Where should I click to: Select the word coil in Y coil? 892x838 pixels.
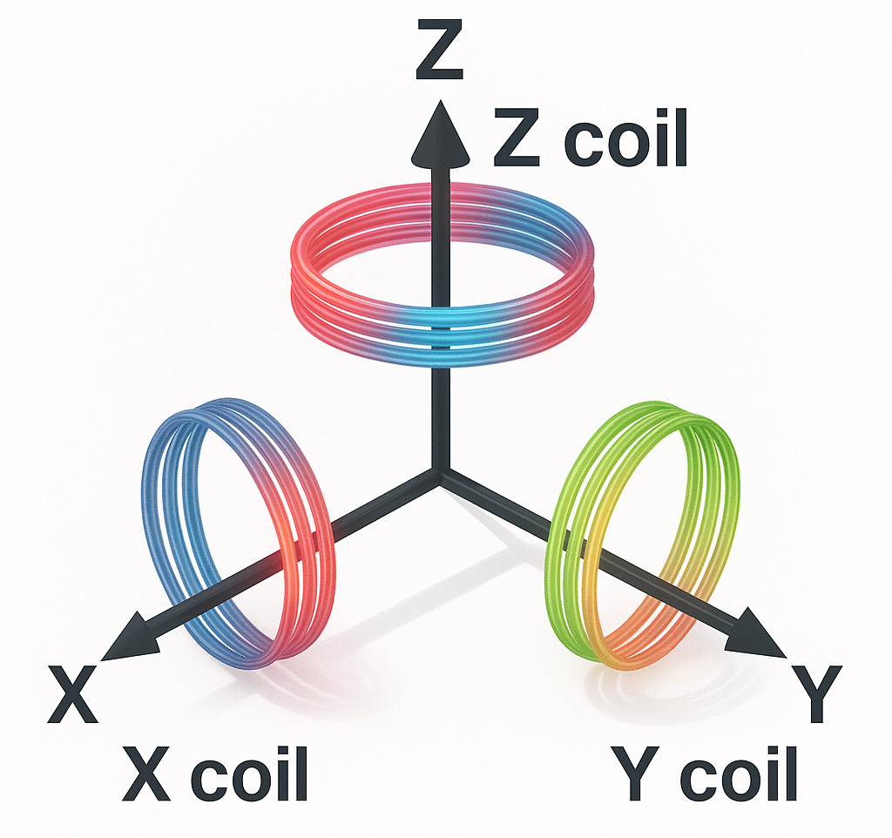[x=739, y=773]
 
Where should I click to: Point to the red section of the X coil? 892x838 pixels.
[x=301, y=558]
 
